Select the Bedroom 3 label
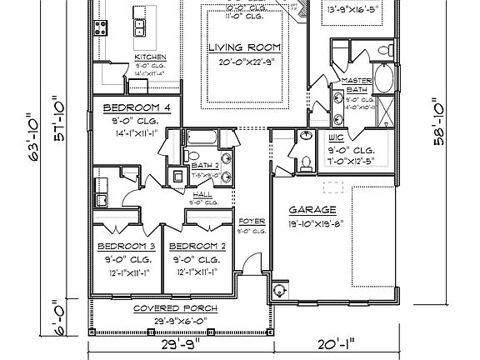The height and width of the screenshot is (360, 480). pos(126,247)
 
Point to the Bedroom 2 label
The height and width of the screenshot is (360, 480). pos(197,247)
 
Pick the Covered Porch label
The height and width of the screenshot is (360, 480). pos(175,309)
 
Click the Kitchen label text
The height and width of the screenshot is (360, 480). pos(151,57)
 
